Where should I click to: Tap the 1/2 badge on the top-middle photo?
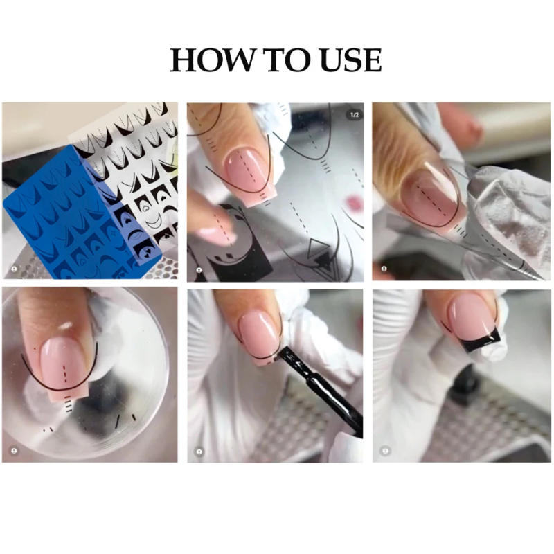[354, 114]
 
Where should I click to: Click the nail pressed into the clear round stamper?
[61, 360]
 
